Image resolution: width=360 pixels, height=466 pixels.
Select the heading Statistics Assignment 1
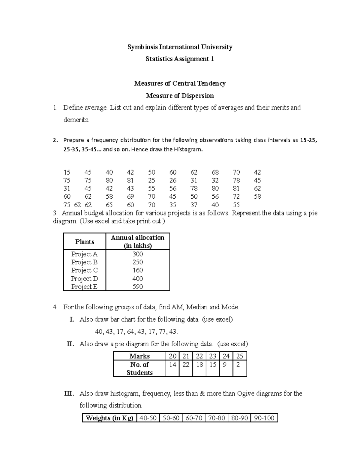(180, 59)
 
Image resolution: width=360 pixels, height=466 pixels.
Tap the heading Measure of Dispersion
(180, 96)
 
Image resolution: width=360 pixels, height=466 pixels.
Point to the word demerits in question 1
(76, 120)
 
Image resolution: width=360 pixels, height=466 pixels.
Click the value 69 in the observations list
(130, 197)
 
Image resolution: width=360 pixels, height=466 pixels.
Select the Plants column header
(85, 242)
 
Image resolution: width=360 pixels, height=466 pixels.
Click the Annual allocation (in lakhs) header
(138, 242)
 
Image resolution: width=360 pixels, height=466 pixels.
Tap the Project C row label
(84, 270)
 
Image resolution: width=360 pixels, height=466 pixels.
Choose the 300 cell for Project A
(138, 254)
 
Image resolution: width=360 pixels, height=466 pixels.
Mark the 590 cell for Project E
(138, 287)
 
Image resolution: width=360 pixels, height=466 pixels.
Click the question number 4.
(55, 307)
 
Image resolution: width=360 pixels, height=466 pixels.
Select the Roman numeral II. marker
(70, 344)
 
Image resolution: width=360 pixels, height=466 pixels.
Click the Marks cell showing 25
(239, 356)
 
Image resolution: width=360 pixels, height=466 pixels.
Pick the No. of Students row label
(139, 369)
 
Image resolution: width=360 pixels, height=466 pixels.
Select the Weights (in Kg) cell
(109, 418)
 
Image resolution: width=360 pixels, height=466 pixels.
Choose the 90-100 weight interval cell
(264, 418)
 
